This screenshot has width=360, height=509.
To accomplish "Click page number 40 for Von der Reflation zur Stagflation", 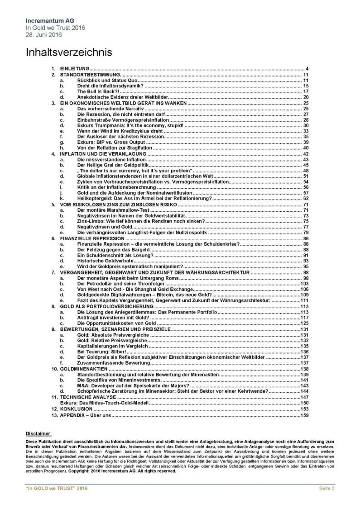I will click(x=306, y=148).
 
